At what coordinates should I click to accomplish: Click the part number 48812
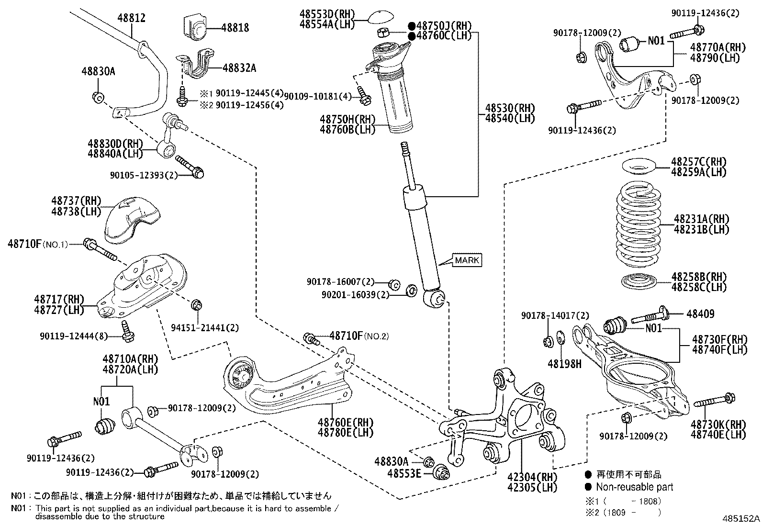pos(131,18)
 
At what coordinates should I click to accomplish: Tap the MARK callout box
pos(467,260)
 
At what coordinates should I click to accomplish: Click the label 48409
pos(700,314)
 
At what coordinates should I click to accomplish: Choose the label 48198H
pos(564,364)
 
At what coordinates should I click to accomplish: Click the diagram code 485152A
pos(741,518)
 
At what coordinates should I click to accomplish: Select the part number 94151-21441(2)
pos(205,327)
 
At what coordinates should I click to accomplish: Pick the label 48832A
pos(239,68)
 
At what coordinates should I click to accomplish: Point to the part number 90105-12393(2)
pos(144,175)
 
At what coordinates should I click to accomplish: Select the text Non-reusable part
pos(634,487)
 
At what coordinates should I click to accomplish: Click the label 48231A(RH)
pos(701,219)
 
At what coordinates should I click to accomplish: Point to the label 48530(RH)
pos(509,108)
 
